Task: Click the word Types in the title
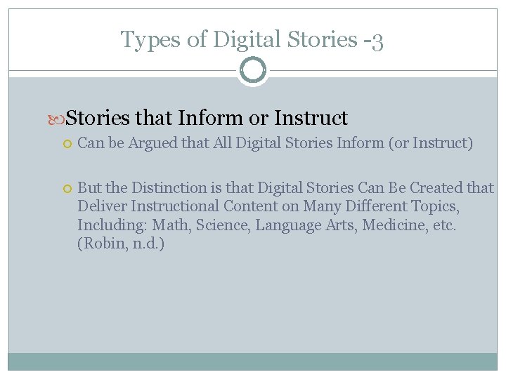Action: [145, 39]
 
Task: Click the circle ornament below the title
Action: [253, 70]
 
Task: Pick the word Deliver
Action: [98, 206]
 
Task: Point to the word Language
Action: [287, 225]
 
